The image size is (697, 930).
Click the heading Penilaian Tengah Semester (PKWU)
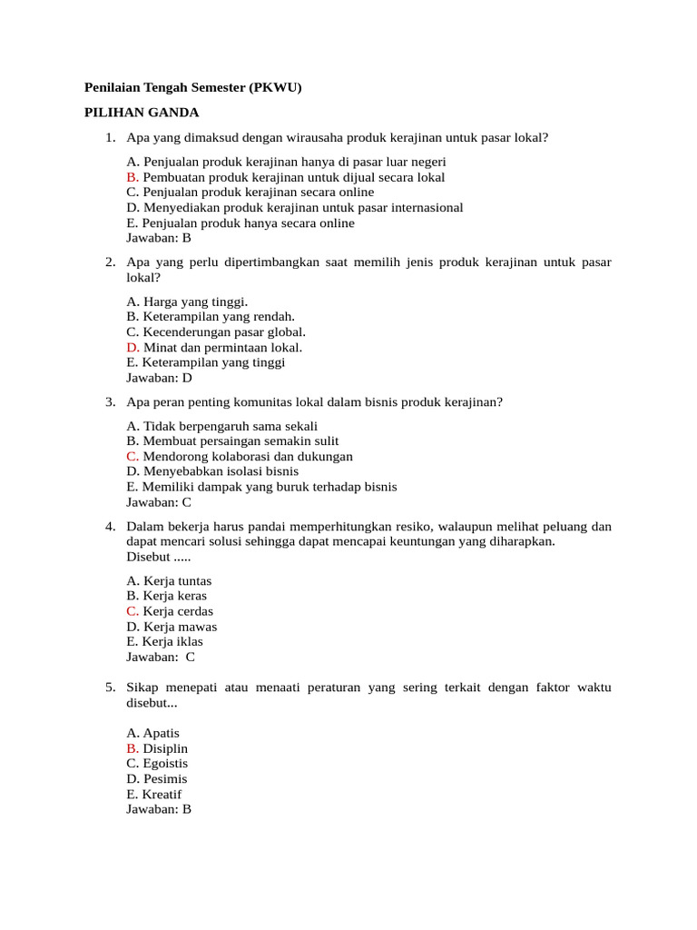tap(192, 87)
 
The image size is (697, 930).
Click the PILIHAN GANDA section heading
tap(141, 113)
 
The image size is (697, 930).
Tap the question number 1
tap(110, 138)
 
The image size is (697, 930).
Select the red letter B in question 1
tap(133, 178)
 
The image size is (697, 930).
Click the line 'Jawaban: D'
tap(159, 378)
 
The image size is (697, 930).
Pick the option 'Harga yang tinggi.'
tap(187, 302)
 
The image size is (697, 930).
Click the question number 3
tap(110, 401)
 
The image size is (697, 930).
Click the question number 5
tap(110, 688)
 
